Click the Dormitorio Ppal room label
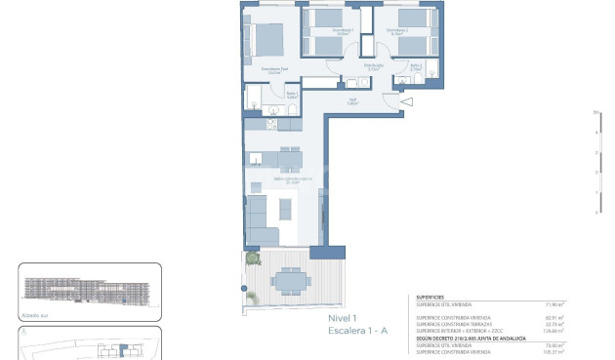tap(271, 69)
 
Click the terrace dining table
tap(287, 282)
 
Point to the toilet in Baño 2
tap(430, 67)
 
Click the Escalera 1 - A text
tap(358, 332)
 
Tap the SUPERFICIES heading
tap(430, 298)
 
